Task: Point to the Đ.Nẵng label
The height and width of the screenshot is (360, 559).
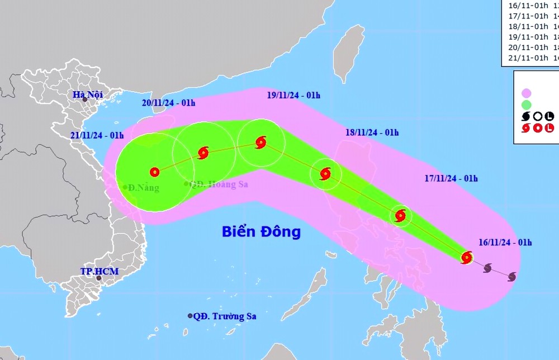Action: click(143, 188)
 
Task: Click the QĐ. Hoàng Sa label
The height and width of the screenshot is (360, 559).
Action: click(219, 184)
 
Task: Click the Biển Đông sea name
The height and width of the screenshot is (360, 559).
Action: click(261, 231)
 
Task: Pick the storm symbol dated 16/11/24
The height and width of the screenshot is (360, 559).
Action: click(467, 258)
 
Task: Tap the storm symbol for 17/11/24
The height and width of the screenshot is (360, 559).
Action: click(400, 216)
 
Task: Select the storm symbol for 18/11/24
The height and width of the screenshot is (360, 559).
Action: click(325, 174)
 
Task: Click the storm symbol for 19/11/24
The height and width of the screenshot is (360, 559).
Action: click(260, 143)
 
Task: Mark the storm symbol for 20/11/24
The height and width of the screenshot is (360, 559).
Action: click(203, 152)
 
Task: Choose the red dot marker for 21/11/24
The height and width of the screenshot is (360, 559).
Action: click(155, 172)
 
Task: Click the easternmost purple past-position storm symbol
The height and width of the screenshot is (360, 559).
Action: click(511, 276)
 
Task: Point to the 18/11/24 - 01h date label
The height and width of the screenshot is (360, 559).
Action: click(372, 132)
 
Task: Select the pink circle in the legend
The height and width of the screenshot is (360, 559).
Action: click(526, 93)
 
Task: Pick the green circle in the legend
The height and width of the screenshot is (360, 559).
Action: click(526, 105)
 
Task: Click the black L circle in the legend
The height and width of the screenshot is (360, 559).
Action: click(549, 116)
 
